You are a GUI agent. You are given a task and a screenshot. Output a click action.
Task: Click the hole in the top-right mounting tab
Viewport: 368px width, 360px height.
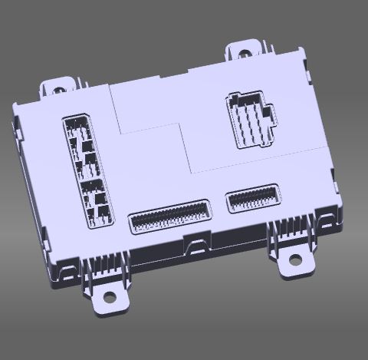245,54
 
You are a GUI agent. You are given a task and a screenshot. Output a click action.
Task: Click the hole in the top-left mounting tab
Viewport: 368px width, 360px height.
58,89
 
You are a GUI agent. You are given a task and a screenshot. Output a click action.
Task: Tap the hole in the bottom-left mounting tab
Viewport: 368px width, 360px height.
110,296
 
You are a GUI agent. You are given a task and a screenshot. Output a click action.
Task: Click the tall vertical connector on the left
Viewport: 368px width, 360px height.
87,170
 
